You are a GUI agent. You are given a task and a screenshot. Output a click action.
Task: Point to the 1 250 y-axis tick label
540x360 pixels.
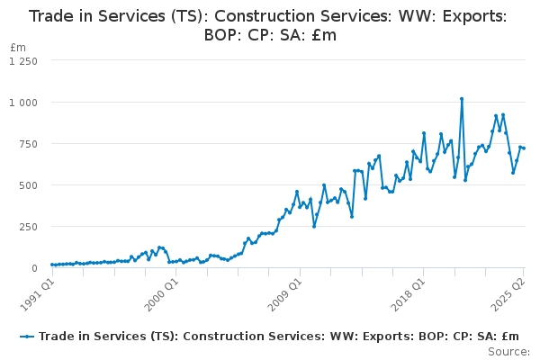pos(23,60)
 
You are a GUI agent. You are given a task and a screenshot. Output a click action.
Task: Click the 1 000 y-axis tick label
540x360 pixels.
pos(23,102)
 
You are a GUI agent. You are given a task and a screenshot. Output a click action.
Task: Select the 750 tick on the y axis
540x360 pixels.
pos(28,143)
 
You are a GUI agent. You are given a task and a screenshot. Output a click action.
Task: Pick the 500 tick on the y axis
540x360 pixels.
pos(28,184)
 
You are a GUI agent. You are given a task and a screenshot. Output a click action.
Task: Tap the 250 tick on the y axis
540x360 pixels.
pos(28,226)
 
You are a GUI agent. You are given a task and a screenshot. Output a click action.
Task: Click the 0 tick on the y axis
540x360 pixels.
pos(34,267)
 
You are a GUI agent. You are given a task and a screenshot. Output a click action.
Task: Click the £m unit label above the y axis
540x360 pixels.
pos(18,47)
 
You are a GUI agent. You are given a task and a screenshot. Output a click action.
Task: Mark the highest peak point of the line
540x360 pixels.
pos(462,99)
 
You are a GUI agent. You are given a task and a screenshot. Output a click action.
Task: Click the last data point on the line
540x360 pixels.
pos(524,148)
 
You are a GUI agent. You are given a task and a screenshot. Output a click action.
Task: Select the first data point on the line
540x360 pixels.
pos(51,265)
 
